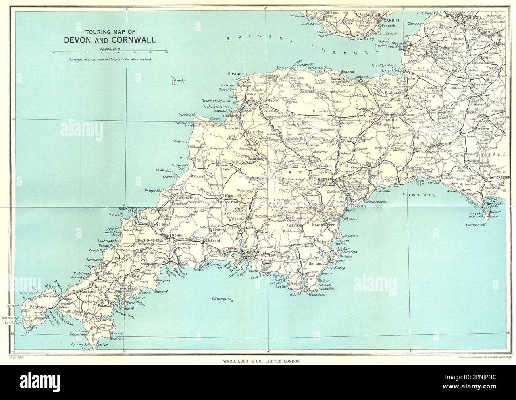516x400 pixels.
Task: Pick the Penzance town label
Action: coord(38,307)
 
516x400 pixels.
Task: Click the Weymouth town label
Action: coord(495,204)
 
